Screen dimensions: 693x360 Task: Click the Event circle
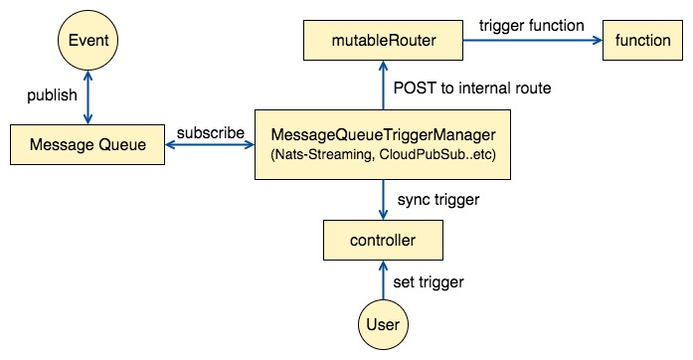87,40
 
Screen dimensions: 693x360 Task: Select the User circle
383,324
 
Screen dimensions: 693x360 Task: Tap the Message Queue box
87,144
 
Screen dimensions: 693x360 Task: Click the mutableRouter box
383,40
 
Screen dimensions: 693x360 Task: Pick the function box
642,40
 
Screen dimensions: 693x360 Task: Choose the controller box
383,240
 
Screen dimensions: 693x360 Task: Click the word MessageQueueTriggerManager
383,135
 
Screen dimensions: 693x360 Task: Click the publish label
52,95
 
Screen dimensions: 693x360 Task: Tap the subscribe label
211,132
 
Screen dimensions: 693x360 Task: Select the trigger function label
532,26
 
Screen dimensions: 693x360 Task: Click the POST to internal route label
472,88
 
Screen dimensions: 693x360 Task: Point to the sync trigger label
438,200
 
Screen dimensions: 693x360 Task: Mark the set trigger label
429,281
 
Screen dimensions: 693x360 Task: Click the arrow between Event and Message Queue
87,97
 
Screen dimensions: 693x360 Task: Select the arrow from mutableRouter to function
533,40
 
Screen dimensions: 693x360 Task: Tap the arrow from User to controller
383,280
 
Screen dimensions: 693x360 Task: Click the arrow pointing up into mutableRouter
383,86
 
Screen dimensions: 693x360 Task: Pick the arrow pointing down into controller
383,200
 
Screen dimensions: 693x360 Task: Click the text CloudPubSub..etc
437,155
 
